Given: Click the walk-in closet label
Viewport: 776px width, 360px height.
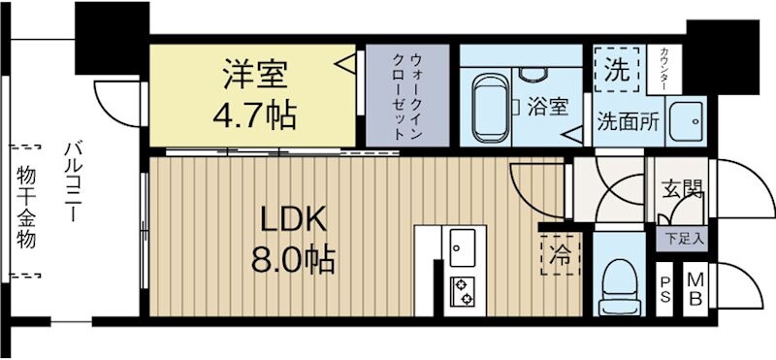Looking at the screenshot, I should click(x=406, y=95).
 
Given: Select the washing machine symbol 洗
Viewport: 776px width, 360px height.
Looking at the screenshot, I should click(x=617, y=70).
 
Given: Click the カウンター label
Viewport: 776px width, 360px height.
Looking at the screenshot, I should click(x=663, y=69).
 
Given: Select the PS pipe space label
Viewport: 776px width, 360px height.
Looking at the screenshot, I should click(x=665, y=289).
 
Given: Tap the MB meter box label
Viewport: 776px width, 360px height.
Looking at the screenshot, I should click(x=695, y=289).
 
